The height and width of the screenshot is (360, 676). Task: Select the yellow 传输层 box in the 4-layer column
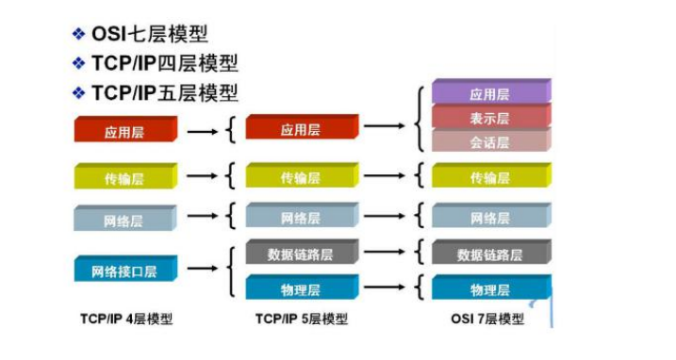pyautogui.click(x=124, y=176)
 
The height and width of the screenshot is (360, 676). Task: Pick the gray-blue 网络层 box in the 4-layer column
pyautogui.click(x=124, y=219)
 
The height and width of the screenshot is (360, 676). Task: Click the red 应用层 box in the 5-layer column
pyautogui.click(x=301, y=130)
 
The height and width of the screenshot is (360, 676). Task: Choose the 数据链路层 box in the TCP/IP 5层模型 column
pyautogui.click(x=301, y=254)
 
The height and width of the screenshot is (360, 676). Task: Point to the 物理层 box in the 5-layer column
pyautogui.click(x=301, y=288)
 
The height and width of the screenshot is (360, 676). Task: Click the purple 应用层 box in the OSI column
pyautogui.click(x=490, y=93)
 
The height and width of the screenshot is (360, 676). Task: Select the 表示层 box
pyautogui.click(x=490, y=118)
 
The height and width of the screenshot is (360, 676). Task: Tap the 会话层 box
pyautogui.click(x=490, y=141)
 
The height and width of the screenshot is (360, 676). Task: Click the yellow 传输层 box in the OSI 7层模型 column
pyautogui.click(x=490, y=176)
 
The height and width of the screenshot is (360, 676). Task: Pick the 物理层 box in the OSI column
pyautogui.click(x=490, y=288)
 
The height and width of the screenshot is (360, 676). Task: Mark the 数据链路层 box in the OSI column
pyautogui.click(x=490, y=254)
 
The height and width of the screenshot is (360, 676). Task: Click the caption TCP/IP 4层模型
pyautogui.click(x=126, y=319)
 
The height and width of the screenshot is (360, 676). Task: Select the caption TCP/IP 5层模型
pyautogui.click(x=302, y=319)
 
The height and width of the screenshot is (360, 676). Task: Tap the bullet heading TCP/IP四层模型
pyautogui.click(x=164, y=64)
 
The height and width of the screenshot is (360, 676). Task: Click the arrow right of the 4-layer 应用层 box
pyautogui.click(x=201, y=131)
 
